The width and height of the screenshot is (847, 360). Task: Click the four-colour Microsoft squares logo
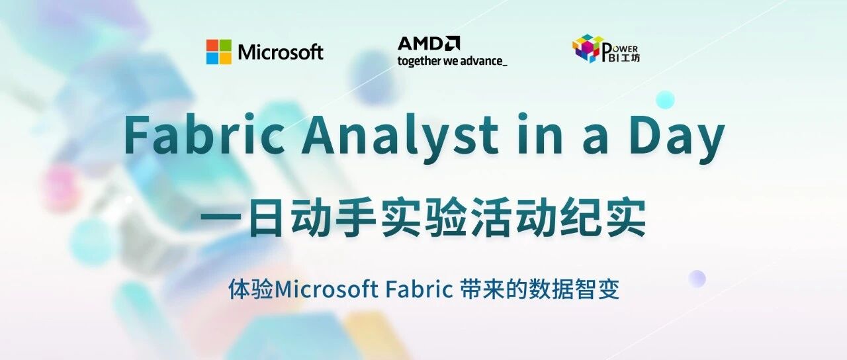pyautogui.click(x=218, y=52)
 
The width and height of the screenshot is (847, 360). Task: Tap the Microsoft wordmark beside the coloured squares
pyautogui.click(x=281, y=52)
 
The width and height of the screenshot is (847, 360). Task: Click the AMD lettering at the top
pyautogui.click(x=420, y=44)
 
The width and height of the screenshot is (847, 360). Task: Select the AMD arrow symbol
pyautogui.click(x=452, y=43)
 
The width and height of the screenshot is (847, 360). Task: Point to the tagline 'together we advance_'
pyautogui.click(x=452, y=61)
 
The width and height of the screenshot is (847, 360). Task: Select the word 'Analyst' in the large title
pyautogui.click(x=399, y=138)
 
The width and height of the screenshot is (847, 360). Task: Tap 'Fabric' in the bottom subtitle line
pyautogui.click(x=420, y=290)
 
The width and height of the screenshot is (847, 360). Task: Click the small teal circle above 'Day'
pyautogui.click(x=665, y=100)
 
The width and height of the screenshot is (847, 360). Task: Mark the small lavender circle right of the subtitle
pyautogui.click(x=697, y=279)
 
